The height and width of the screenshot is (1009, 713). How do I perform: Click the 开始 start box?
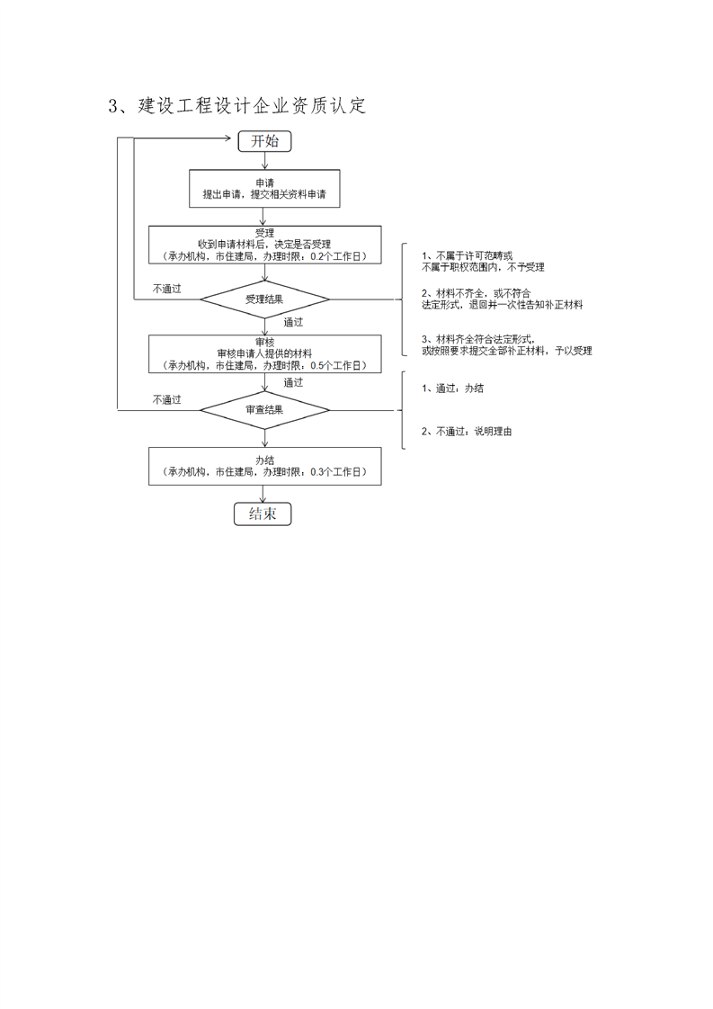point(264,141)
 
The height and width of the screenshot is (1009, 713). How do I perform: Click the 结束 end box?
point(263,513)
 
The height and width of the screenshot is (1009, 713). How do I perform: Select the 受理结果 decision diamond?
point(264,299)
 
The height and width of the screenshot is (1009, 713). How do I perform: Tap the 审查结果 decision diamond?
point(264,410)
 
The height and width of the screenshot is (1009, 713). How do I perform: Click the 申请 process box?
point(264,188)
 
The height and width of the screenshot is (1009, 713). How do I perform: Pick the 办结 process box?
point(264,466)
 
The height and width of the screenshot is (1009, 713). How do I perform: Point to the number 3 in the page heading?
point(113,106)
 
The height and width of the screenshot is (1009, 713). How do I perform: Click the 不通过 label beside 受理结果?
point(166,289)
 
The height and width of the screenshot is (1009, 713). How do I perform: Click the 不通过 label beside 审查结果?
point(166,400)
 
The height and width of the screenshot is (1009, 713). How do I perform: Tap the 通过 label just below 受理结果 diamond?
point(293,322)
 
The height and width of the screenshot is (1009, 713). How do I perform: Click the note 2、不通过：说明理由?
point(467,432)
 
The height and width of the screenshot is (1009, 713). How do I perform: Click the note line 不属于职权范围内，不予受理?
point(483,267)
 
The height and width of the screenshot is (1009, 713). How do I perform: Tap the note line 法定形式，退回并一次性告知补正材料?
point(502,305)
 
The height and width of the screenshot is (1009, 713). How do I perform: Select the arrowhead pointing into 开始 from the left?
point(232,138)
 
